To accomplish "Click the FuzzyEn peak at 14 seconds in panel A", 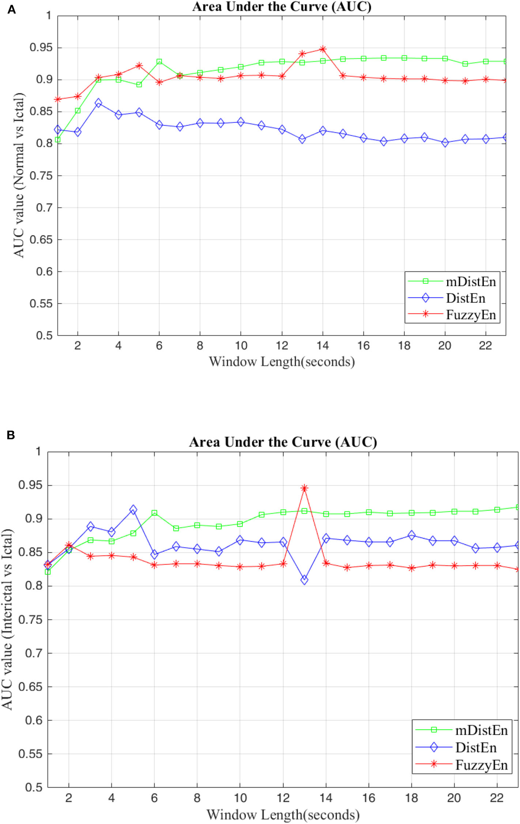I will click(323, 49).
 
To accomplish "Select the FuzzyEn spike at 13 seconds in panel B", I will click(304, 488).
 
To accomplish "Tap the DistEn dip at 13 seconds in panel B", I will click(304, 580).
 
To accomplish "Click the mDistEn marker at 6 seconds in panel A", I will click(159, 62).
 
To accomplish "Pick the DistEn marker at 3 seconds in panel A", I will click(98, 103).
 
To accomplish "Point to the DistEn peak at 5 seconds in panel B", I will click(133, 510).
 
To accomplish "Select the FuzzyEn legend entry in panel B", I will click(481, 765).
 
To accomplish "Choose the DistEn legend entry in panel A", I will click(466, 298).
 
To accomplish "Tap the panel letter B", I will click(11, 435).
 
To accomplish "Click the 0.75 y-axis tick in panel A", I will click(41, 176).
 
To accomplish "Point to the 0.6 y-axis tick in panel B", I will click(33, 721).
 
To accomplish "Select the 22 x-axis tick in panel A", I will click(485, 346).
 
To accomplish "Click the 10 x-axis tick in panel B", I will click(240, 798).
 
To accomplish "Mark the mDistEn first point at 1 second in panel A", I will click(57, 140).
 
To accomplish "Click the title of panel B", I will click(283, 442).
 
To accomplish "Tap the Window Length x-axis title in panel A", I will click(282, 362).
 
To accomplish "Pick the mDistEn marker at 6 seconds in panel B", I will click(154, 513).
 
